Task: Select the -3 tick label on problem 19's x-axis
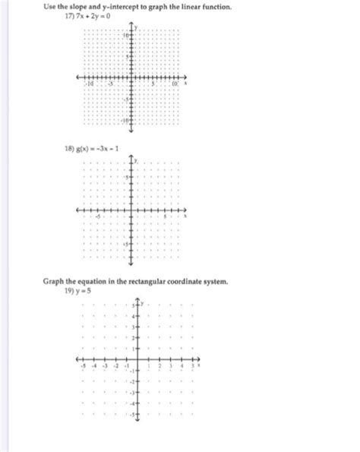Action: [105, 366]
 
